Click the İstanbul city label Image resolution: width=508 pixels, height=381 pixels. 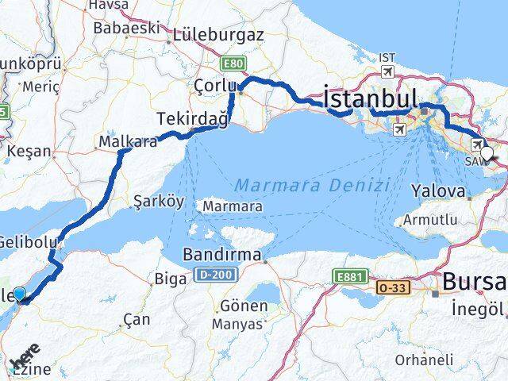click(x=371, y=98)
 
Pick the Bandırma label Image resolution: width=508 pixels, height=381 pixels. click(x=221, y=256)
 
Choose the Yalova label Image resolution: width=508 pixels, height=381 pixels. click(x=437, y=191)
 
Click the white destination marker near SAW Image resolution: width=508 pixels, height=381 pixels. click(x=487, y=155)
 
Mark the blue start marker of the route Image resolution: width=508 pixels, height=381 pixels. click(x=20, y=296)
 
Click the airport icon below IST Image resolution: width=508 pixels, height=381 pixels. click(x=387, y=72)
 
